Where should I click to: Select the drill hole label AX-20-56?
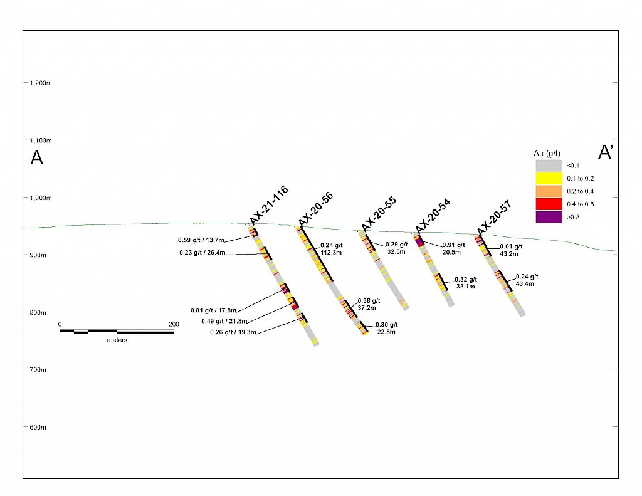(316, 208)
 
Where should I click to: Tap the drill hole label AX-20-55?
(378, 214)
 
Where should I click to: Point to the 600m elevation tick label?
(38, 427)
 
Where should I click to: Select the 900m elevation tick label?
(38, 255)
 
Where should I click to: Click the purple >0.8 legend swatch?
(548, 217)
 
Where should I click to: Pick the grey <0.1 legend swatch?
(548, 166)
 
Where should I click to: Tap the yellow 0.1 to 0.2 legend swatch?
(548, 178)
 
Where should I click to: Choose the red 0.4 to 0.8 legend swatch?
(548, 204)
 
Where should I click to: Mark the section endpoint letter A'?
(605, 152)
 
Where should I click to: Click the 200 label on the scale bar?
(174, 324)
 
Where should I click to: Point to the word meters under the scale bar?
(117, 340)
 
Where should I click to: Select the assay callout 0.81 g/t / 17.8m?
(213, 310)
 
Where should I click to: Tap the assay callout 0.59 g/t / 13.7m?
(201, 240)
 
